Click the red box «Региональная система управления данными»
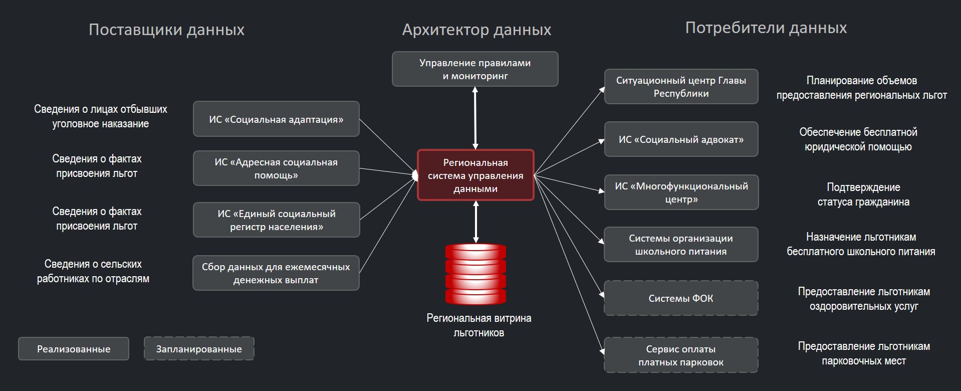tap(475, 175)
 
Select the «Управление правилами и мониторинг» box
tap(475, 69)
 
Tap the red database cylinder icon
tap(475, 274)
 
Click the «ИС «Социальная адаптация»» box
tap(276, 119)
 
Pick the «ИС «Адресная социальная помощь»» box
tap(276, 168)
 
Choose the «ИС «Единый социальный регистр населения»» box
tap(276, 220)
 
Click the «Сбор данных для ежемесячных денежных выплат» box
tap(276, 273)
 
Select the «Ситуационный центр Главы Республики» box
tap(681, 87)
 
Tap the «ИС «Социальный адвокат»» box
tap(681, 139)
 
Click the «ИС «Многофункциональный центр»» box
tap(681, 192)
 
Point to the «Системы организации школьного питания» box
tap(681, 245)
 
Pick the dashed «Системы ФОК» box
tap(681, 298)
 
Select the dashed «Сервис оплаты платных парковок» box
tap(681, 355)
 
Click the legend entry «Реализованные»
tap(74, 349)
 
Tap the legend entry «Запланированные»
tap(199, 349)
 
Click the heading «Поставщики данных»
tap(166, 30)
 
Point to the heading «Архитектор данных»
tap(476, 30)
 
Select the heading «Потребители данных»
tap(766, 28)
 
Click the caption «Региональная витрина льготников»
tap(479, 325)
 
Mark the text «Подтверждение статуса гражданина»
tap(863, 194)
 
